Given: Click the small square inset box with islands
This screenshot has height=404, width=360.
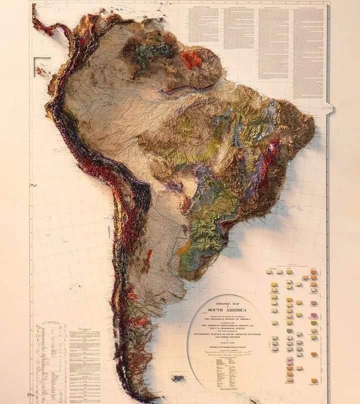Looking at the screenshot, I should click(x=42, y=67).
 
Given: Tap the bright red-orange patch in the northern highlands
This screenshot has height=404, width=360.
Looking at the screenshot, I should click(x=191, y=59).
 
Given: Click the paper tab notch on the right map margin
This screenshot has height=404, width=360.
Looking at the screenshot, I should click(x=329, y=106).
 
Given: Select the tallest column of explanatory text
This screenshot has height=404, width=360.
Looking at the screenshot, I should click(x=308, y=52).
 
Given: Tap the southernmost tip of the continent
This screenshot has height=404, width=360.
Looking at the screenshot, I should click(x=145, y=400).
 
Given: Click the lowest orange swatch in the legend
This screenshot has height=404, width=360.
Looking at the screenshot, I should click(x=313, y=381).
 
